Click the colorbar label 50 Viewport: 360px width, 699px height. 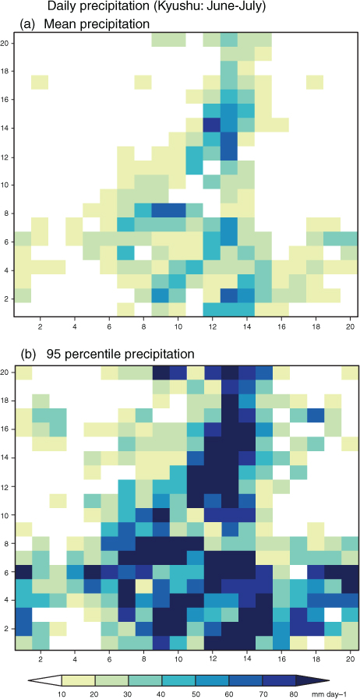195,693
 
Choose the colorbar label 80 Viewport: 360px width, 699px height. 295,693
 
